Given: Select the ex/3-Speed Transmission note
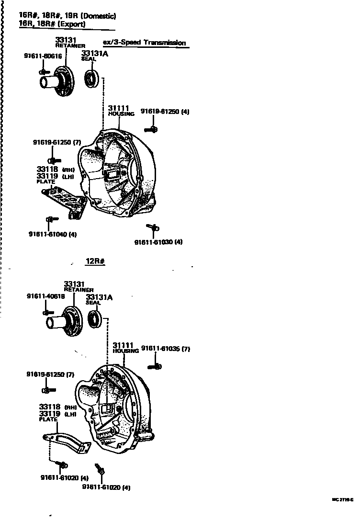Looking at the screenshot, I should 144,43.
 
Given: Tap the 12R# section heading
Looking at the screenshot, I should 95,261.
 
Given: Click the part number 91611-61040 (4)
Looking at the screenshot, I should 53,234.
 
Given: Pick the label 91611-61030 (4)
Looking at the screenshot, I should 158,242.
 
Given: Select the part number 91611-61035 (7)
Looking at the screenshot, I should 166,349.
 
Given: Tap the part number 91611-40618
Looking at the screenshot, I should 45,296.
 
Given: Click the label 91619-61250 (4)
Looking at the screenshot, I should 165,112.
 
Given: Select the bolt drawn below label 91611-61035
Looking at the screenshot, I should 155,366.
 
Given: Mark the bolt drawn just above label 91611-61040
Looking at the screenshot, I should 51,219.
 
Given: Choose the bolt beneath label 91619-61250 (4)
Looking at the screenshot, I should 151,128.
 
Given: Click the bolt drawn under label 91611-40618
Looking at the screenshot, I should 47,313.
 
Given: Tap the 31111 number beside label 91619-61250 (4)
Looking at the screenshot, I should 118,108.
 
